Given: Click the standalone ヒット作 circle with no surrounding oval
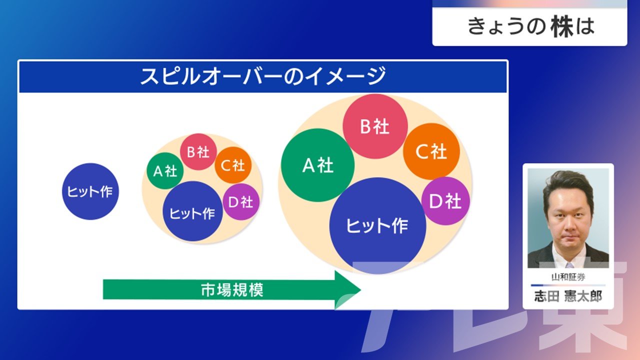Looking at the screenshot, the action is (x=90, y=191).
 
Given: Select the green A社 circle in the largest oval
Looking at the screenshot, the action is (x=317, y=165).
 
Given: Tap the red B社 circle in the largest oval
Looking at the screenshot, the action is (x=375, y=126).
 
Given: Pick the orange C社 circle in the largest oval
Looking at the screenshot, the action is (x=431, y=151).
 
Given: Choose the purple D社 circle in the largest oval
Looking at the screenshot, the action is (x=445, y=201).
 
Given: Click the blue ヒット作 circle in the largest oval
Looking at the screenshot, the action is (x=377, y=225).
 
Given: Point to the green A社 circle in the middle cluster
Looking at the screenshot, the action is (x=165, y=171).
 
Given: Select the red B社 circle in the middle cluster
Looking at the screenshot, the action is (x=198, y=151).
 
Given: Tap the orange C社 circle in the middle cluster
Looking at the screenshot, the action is (x=233, y=165).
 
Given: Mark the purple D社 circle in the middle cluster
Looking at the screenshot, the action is (x=241, y=201).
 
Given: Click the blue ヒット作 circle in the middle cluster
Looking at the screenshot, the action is (x=192, y=211).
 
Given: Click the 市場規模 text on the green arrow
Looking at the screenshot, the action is (x=232, y=289).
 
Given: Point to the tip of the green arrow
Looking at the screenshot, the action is (x=361, y=289).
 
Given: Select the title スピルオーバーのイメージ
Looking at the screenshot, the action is (x=263, y=76).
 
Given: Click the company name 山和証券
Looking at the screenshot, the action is (x=568, y=277).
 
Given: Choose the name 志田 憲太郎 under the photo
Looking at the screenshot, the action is (x=568, y=296).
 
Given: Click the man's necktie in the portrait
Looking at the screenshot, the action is (x=569, y=265).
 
